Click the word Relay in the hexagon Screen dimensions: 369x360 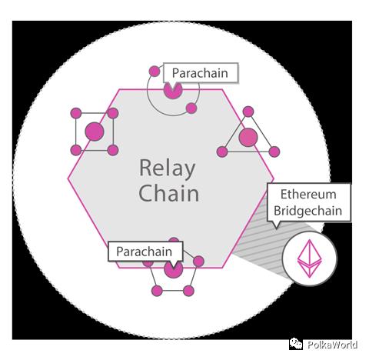[x=168, y=169]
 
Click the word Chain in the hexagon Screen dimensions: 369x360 [x=169, y=193]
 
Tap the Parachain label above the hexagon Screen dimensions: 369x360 [x=200, y=73]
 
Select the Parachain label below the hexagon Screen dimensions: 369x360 [x=145, y=252]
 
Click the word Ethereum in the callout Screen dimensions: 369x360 [x=308, y=195]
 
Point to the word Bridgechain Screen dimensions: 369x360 [x=308, y=211]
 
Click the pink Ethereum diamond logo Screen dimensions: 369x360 [x=309, y=258]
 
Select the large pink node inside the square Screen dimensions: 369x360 [x=95, y=132]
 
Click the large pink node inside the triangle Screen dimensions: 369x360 [x=248, y=137]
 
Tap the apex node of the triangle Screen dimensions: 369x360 [x=248, y=112]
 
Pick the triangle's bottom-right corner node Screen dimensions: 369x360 [x=274, y=152]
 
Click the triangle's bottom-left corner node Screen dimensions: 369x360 [x=222, y=152]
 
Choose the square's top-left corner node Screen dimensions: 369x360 [x=76, y=113]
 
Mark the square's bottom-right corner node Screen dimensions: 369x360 [x=113, y=150]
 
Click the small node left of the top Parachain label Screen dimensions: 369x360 [x=155, y=72]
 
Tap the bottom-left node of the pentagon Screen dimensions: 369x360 [x=157, y=291]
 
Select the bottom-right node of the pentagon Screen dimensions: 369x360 [x=188, y=291]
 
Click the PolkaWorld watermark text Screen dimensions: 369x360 [x=332, y=345]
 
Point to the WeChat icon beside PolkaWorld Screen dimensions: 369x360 [x=296, y=344]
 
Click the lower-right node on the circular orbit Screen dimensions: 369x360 [x=191, y=108]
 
